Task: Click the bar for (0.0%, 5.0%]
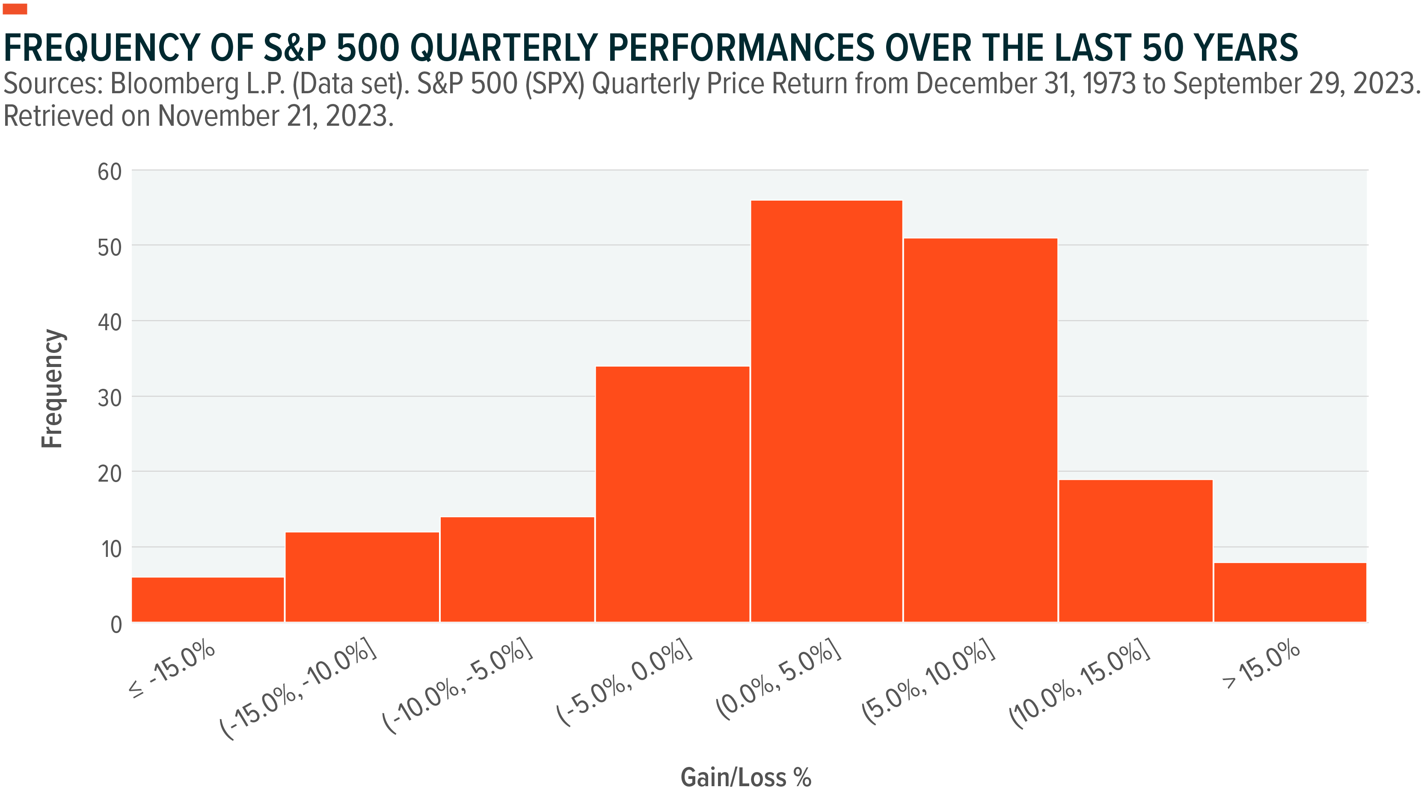tap(826, 411)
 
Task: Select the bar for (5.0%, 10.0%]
tap(981, 430)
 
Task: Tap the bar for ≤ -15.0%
tap(208, 599)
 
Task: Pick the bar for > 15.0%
tap(1291, 592)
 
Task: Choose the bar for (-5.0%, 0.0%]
tap(672, 494)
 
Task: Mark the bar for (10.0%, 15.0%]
tap(1136, 551)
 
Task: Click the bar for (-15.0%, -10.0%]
tap(362, 577)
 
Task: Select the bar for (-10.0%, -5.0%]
tap(517, 569)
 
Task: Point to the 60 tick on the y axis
tap(110, 172)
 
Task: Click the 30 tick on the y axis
tap(110, 398)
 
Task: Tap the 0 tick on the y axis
tap(116, 625)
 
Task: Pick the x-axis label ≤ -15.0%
tap(172, 668)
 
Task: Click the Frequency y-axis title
tap(53, 388)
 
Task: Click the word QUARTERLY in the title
tap(504, 48)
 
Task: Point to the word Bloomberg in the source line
tap(175, 84)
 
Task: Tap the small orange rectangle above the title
tap(15, 9)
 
